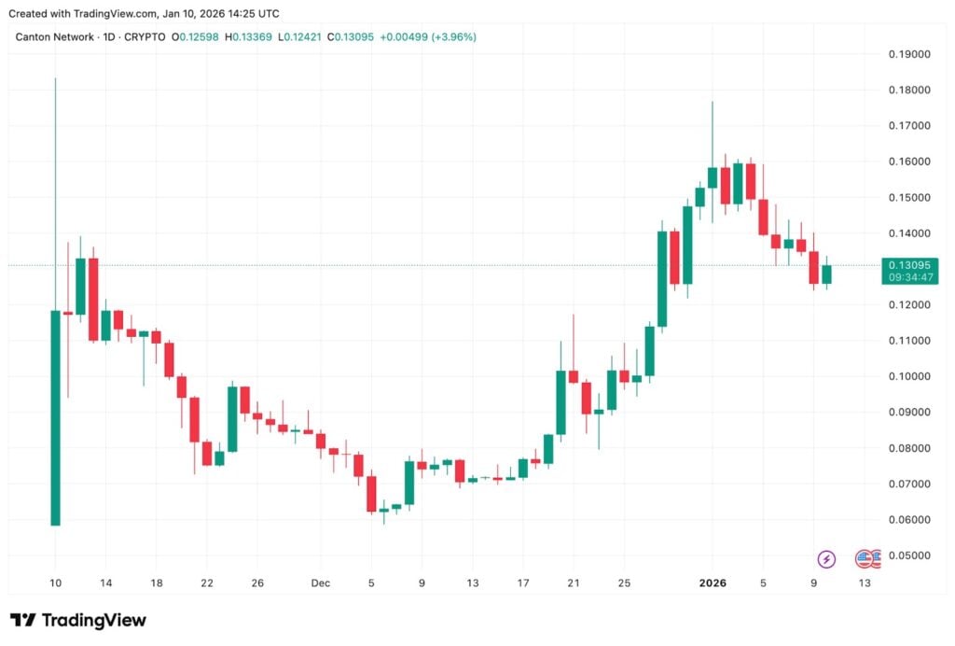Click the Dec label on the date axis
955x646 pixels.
coord(320,583)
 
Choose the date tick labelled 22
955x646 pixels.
coord(207,583)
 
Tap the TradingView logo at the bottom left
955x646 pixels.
coord(78,620)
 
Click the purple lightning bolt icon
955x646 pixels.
coord(826,559)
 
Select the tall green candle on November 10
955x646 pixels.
coord(56,417)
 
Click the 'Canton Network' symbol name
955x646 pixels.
coord(55,37)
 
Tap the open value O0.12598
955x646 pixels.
coord(199,37)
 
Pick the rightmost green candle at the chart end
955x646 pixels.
coord(826,274)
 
